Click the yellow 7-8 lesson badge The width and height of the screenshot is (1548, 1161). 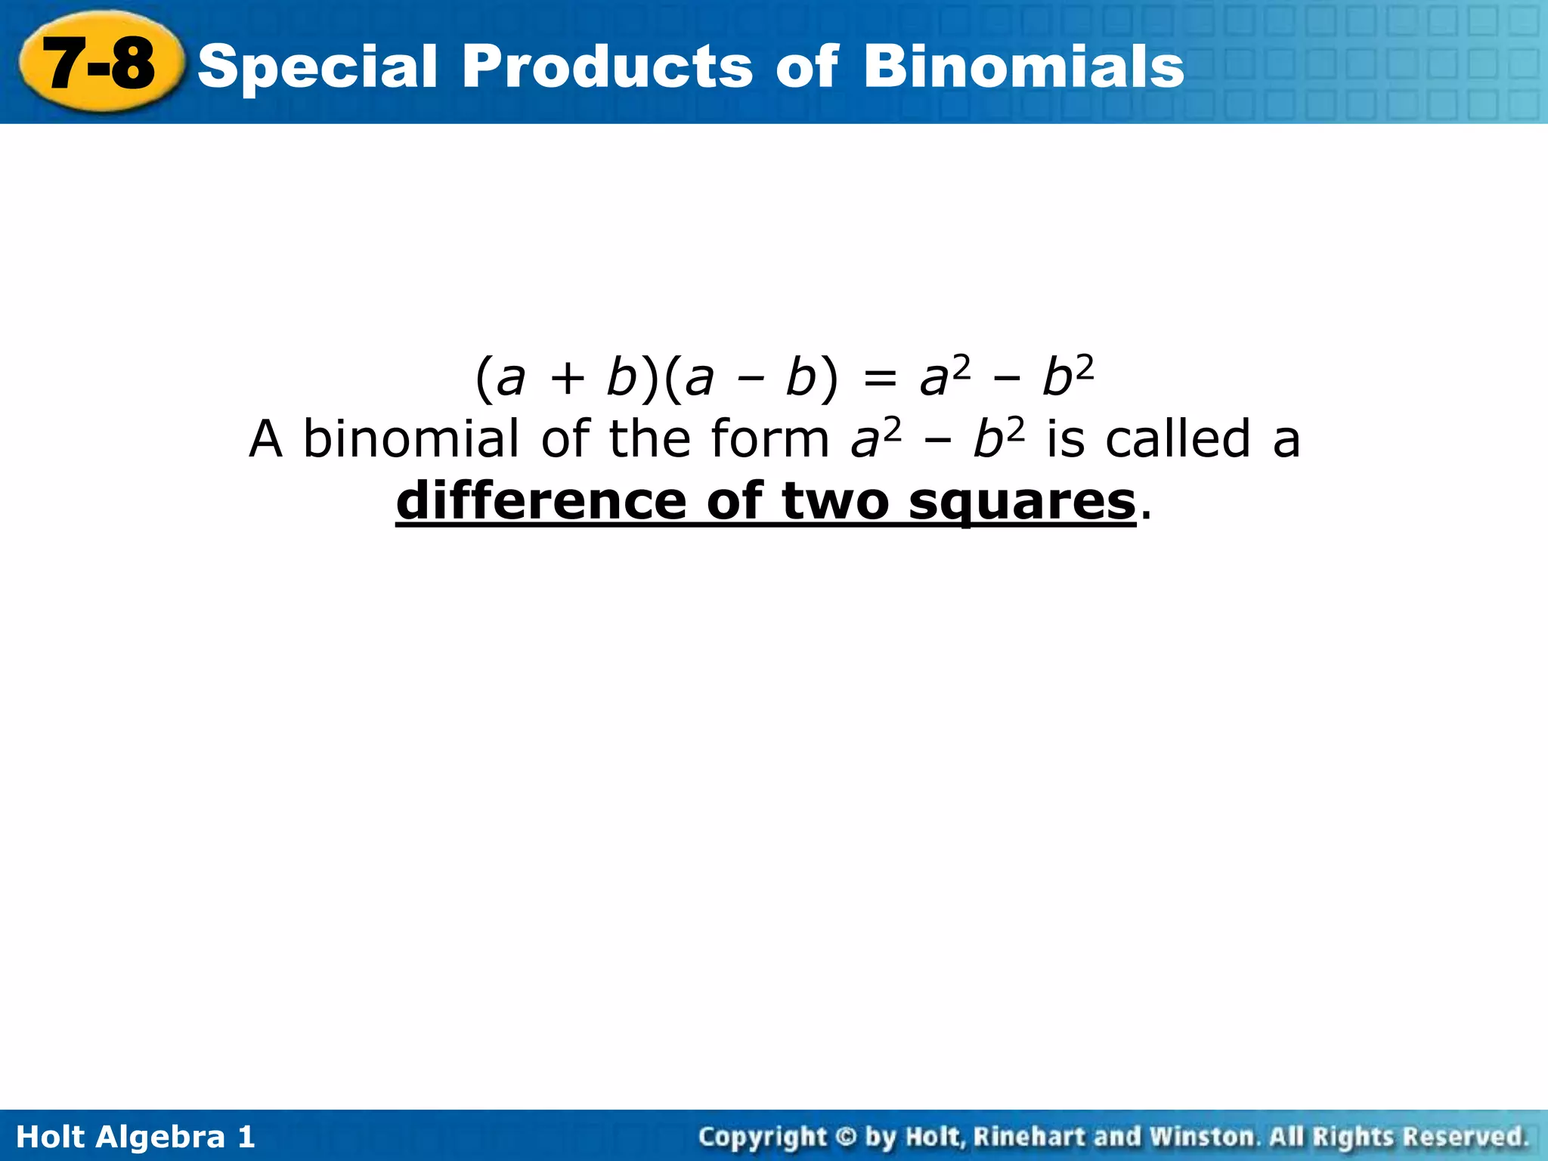pyautogui.click(x=100, y=63)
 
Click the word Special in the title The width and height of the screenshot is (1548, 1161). pyautogui.click(x=317, y=67)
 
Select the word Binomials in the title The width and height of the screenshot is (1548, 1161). pyautogui.click(x=1023, y=67)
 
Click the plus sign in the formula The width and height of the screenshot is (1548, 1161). pyautogui.click(x=567, y=378)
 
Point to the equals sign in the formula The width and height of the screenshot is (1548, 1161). pyautogui.click(x=879, y=378)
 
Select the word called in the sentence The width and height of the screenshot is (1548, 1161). pyautogui.click(x=1178, y=439)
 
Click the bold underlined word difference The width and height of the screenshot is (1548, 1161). pyautogui.click(x=540, y=501)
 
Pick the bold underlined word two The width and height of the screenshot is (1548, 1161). pyautogui.click(x=834, y=501)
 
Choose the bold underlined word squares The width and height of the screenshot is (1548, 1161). pyautogui.click(x=1022, y=501)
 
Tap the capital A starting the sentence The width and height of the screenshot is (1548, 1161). pyautogui.click(x=266, y=439)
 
